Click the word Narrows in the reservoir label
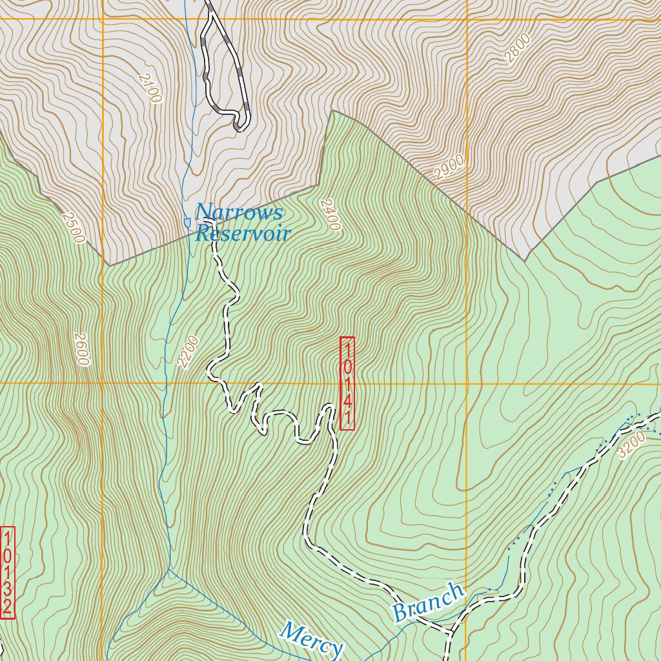click(x=239, y=212)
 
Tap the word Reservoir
click(x=243, y=233)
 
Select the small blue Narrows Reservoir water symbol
click(x=187, y=222)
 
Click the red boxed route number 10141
click(x=347, y=383)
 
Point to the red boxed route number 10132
click(x=8, y=573)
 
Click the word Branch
click(x=429, y=602)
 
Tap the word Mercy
click(x=312, y=639)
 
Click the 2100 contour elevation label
click(x=148, y=87)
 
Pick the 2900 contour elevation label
click(x=449, y=167)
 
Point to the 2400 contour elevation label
click(x=329, y=214)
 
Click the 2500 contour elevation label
click(x=73, y=228)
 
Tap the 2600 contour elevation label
click(x=81, y=349)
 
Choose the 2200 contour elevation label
click(x=187, y=352)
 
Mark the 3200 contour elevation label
click(x=631, y=445)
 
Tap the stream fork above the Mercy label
click(x=170, y=569)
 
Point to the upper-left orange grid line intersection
click(x=102, y=19)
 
